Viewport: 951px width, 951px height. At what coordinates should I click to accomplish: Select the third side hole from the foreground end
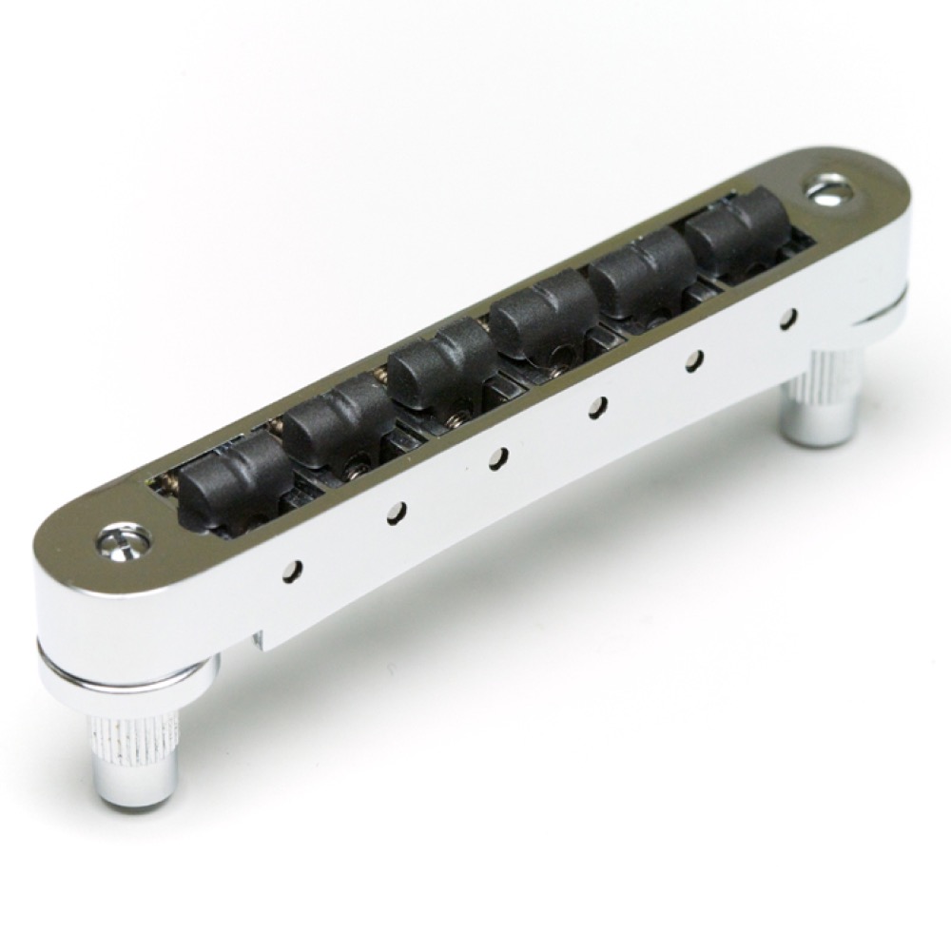pyautogui.click(x=496, y=459)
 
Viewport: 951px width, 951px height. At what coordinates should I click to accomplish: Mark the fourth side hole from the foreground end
pyautogui.click(x=597, y=409)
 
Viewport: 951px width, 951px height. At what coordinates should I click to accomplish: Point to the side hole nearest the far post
pyautogui.click(x=788, y=319)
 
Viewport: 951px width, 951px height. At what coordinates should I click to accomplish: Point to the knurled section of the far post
pyautogui.click(x=820, y=385)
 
